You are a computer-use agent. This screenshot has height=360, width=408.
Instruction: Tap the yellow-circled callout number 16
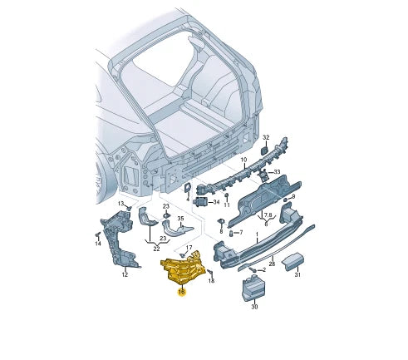click(182, 292)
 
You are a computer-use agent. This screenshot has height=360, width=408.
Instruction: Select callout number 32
click(266, 138)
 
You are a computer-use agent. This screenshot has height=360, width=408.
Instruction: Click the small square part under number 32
click(264, 151)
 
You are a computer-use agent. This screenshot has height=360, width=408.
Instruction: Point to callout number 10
click(243, 160)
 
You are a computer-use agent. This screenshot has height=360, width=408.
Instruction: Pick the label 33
click(277, 172)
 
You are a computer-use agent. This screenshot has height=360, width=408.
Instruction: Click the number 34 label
click(216, 202)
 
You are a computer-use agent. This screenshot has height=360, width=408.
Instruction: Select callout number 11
click(227, 205)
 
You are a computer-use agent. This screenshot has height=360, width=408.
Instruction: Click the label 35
click(180, 219)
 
